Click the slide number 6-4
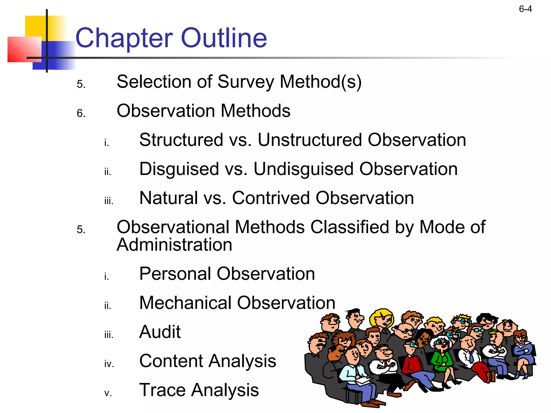[x=525, y=9]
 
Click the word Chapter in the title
[x=124, y=38]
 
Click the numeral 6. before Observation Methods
[x=81, y=113]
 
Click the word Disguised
[x=179, y=169]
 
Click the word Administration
[x=174, y=245]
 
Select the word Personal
[x=175, y=274]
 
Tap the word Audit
[x=160, y=332]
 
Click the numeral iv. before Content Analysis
[x=109, y=364]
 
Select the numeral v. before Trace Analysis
[x=108, y=393]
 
